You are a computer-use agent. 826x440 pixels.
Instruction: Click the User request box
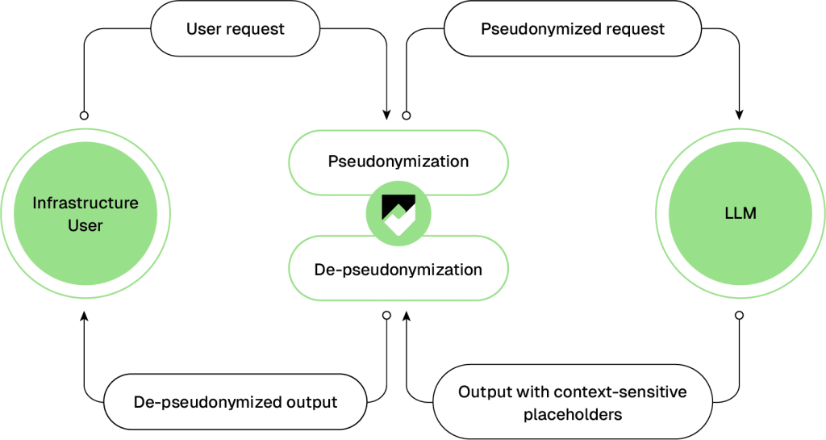tap(235, 30)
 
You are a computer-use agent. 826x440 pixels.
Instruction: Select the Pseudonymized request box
tap(573, 30)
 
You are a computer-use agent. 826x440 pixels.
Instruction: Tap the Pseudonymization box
tap(398, 161)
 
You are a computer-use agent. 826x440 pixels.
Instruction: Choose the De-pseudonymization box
tap(398, 270)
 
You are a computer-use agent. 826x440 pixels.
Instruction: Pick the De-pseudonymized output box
tap(235, 402)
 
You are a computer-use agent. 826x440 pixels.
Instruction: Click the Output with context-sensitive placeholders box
tap(573, 404)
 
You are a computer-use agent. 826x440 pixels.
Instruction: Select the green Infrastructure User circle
tap(86, 214)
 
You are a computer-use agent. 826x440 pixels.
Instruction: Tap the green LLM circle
tap(740, 214)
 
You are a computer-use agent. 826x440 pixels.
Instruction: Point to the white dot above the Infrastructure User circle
tap(84, 115)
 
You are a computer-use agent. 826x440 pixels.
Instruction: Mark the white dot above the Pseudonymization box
tap(406, 115)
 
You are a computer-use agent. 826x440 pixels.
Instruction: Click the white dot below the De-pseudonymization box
tap(387, 315)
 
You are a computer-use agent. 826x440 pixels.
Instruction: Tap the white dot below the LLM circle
tap(739, 315)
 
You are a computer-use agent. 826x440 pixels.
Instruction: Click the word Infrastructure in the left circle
tap(86, 203)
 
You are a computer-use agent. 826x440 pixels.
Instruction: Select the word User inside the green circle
tap(86, 225)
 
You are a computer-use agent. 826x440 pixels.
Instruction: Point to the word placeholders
tap(573, 415)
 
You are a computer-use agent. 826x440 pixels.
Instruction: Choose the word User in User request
tap(203, 30)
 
